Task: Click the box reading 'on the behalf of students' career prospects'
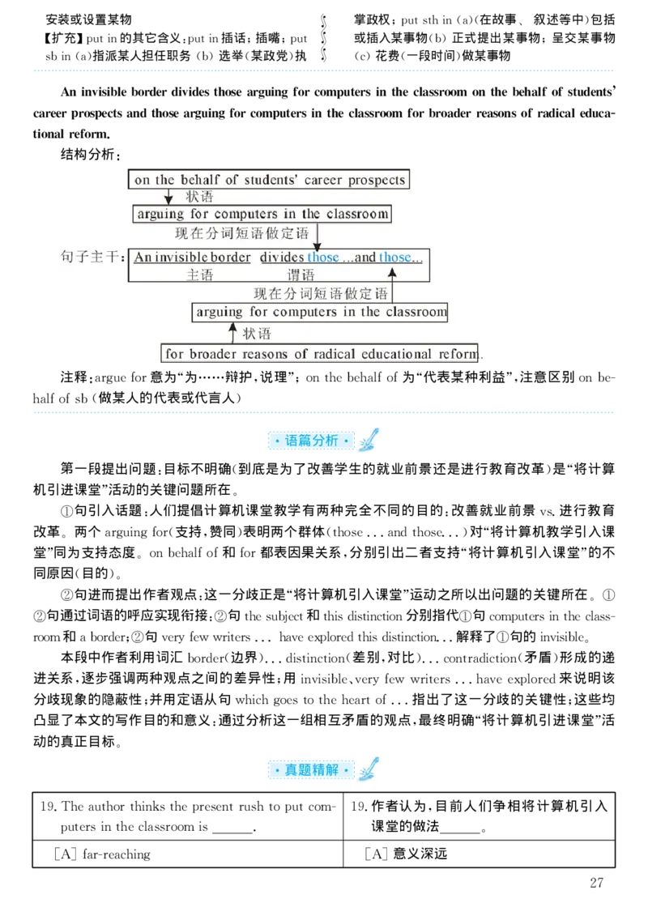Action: click(x=269, y=179)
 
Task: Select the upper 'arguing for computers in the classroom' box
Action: click(x=263, y=215)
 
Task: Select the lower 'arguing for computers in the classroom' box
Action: click(x=320, y=312)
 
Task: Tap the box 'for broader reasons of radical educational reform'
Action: click(x=322, y=354)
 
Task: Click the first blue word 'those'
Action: click(x=322, y=258)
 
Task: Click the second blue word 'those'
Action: click(x=395, y=258)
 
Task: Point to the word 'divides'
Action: click(x=281, y=258)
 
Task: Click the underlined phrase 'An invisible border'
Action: click(x=192, y=258)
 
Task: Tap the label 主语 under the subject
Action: click(x=199, y=275)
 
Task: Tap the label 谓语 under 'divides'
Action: click(x=301, y=275)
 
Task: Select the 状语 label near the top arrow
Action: click(x=200, y=197)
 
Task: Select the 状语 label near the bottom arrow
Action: click(x=258, y=333)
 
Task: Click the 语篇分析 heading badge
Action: click(x=312, y=441)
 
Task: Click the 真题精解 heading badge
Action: click(x=312, y=769)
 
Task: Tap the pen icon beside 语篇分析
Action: click(x=367, y=440)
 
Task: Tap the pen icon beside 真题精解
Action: click(x=369, y=768)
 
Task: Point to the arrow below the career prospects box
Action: click(x=168, y=197)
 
